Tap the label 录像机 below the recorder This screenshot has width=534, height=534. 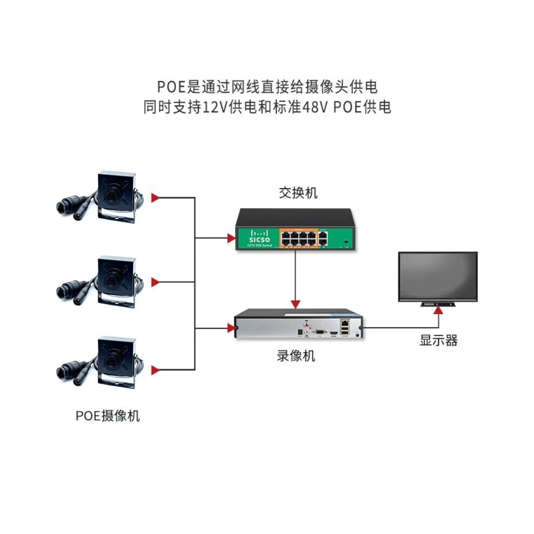[x=296, y=356]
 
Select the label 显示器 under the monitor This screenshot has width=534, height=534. [x=438, y=341]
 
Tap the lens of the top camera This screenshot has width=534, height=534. [x=111, y=196]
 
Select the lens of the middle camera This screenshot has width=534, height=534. [x=111, y=279]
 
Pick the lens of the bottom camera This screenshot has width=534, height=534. [x=111, y=361]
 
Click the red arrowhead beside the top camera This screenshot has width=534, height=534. [x=156, y=198]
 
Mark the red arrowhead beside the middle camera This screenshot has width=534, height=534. [x=156, y=282]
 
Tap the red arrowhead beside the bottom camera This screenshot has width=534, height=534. [x=156, y=370]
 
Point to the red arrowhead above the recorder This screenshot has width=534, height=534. [x=295, y=303]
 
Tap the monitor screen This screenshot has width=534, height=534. [x=438, y=276]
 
